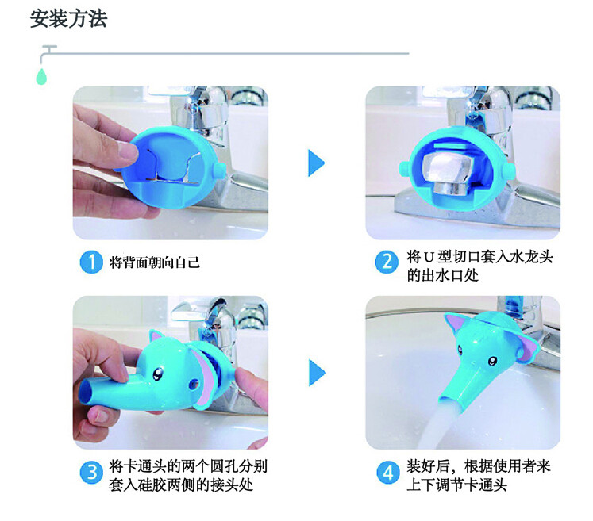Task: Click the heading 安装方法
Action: click(x=68, y=19)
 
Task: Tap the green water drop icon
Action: click(x=41, y=77)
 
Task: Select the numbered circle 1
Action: click(x=91, y=262)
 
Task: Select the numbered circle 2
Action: click(x=386, y=262)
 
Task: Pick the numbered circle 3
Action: click(x=91, y=473)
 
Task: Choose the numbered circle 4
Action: click(x=388, y=473)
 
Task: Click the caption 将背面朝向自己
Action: click(x=154, y=262)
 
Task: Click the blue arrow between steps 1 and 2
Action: click(x=317, y=163)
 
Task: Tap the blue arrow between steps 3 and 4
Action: click(x=317, y=373)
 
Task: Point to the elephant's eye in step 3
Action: click(x=157, y=374)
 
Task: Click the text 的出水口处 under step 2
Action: click(x=443, y=275)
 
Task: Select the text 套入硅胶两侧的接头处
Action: click(x=181, y=485)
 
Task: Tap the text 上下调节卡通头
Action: click(x=456, y=485)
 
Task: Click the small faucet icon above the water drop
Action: click(x=48, y=53)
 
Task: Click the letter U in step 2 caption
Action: click(x=429, y=257)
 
